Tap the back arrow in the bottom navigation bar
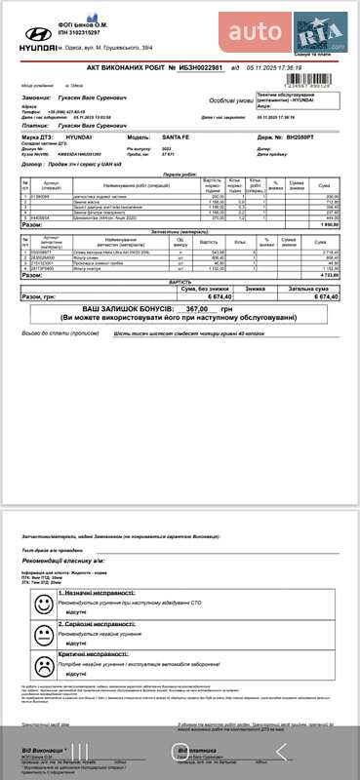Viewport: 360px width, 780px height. (x=282, y=751)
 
